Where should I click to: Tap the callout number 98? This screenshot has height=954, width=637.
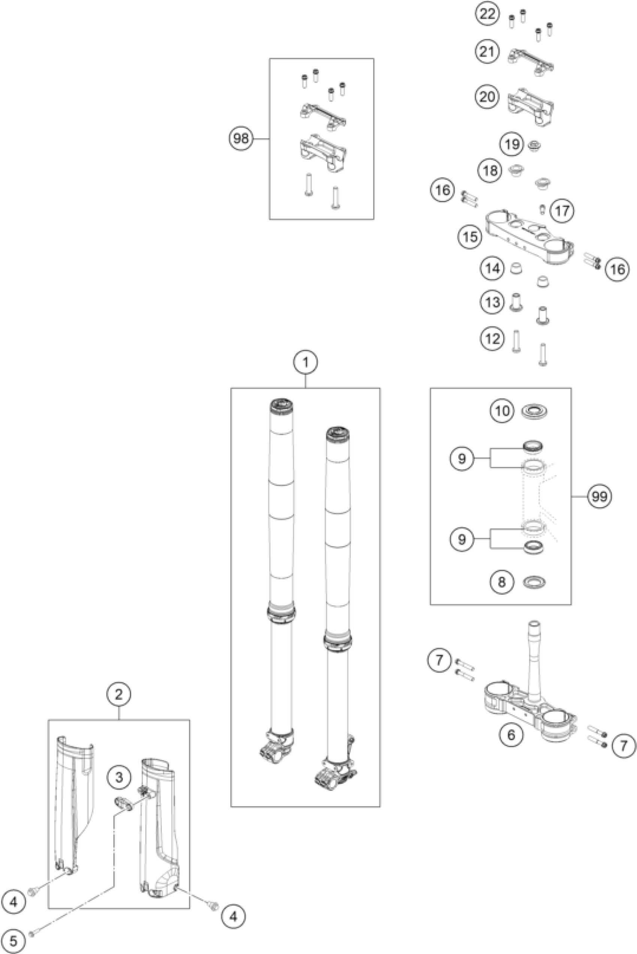click(241, 139)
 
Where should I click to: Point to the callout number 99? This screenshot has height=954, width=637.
click(599, 497)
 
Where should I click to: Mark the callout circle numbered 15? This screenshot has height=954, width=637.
click(470, 237)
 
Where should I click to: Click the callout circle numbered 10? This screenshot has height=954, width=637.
click(502, 411)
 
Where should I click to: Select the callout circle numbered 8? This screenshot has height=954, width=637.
click(502, 582)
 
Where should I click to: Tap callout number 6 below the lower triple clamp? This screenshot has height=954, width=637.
click(511, 735)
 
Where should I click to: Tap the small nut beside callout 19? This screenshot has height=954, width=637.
click(535, 145)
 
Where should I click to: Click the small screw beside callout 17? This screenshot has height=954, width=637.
click(541, 209)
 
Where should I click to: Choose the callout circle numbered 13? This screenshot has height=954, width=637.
click(492, 302)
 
